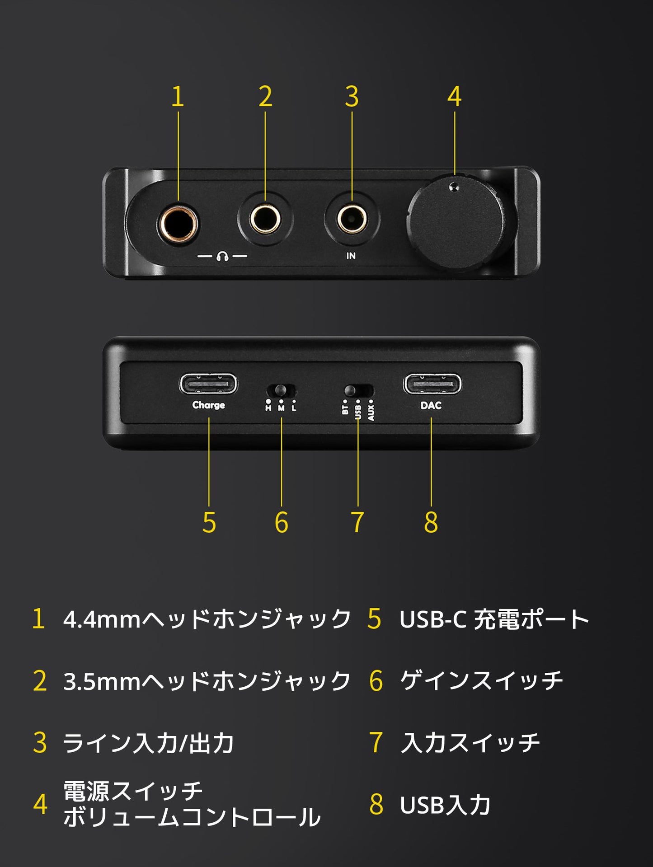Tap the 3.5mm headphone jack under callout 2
pyautogui.click(x=265, y=220)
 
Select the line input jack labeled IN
pyautogui.click(x=352, y=220)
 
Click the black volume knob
pyautogui.click(x=456, y=224)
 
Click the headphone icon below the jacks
pyautogui.click(x=222, y=257)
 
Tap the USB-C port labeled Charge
pyautogui.click(x=208, y=384)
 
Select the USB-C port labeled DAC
pyautogui.click(x=432, y=384)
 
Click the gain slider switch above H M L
pyautogui.click(x=281, y=390)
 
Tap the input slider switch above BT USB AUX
pyautogui.click(x=358, y=390)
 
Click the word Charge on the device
pyautogui.click(x=208, y=405)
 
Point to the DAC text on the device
pyautogui.click(x=431, y=405)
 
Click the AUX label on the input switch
pyautogui.click(x=371, y=412)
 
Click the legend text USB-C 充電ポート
pyautogui.click(x=494, y=619)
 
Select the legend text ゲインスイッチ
pyautogui.click(x=482, y=681)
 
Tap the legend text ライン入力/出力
pyautogui.click(x=148, y=743)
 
